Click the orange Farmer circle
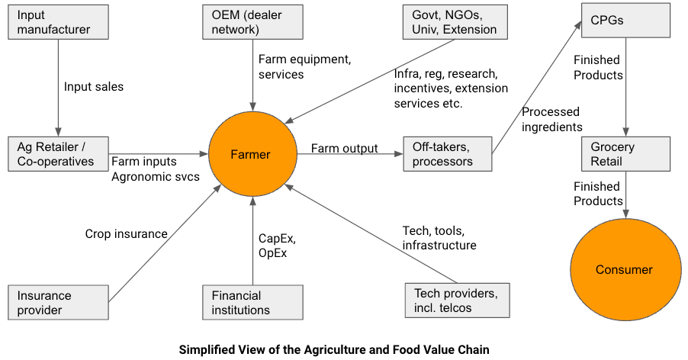pyautogui.click(x=251, y=155)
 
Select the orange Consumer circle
pyautogui.click(x=625, y=269)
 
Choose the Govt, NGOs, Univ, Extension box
pyautogui.click(x=450, y=22)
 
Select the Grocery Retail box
pyautogui.click(x=625, y=154)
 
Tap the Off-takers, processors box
pyautogui.click(x=446, y=154)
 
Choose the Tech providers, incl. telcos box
pyautogui.click(x=457, y=301)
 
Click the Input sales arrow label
pyautogui.click(x=94, y=87)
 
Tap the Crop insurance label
pyautogui.click(x=126, y=234)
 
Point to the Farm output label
pyautogui.click(x=345, y=148)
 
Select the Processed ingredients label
pyautogui.click(x=551, y=120)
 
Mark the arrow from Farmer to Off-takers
pyautogui.click(x=351, y=155)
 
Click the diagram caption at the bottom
pyautogui.click(x=344, y=349)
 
